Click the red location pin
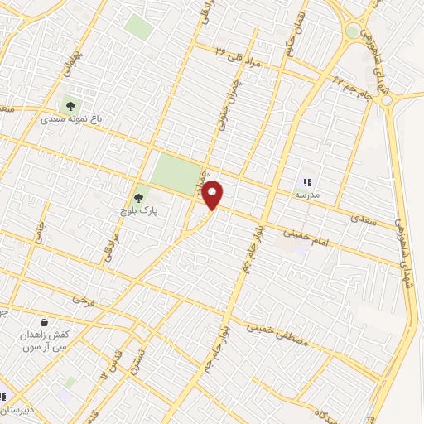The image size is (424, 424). [x=213, y=195]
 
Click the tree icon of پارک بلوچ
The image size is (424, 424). [x=138, y=199]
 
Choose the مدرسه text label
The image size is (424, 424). [x=306, y=194]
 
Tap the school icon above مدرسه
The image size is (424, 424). [x=307, y=181]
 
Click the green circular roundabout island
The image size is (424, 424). [x=354, y=31]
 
